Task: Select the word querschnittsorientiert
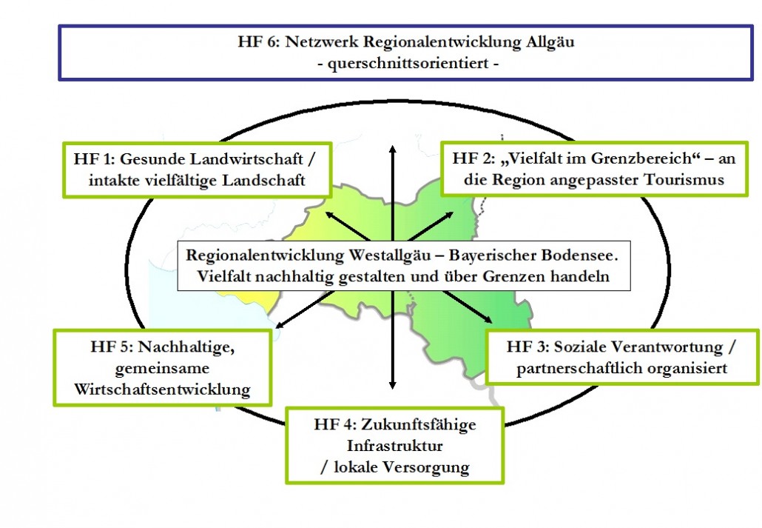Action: [x=408, y=64]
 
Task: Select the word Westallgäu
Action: [x=390, y=255]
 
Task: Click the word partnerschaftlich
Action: [x=579, y=368]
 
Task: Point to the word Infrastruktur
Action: [x=394, y=445]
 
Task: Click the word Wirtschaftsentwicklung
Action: [x=162, y=390]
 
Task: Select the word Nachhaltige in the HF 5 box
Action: [x=186, y=347]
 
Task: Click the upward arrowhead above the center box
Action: [x=393, y=148]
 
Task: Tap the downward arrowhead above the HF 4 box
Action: [x=393, y=384]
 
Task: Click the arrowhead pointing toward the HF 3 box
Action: [x=488, y=319]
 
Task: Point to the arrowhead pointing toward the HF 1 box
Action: [x=330, y=215]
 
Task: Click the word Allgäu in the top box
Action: [x=550, y=42]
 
